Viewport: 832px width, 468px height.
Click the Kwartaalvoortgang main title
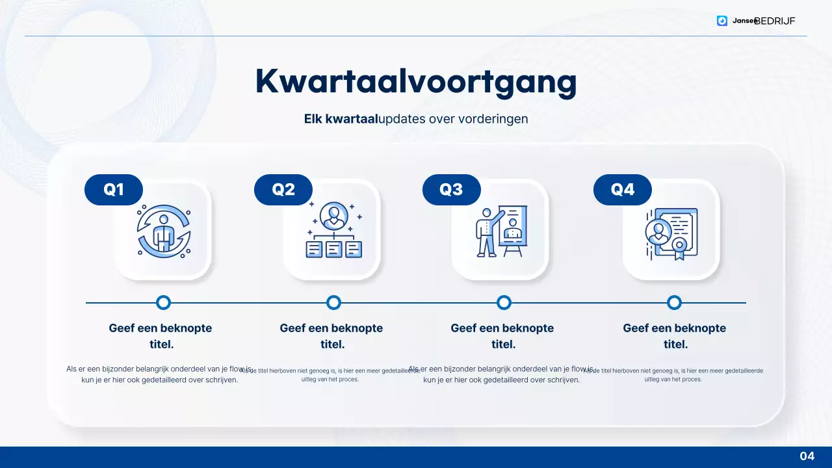pos(416,82)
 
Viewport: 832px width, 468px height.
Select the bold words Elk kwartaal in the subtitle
pos(341,119)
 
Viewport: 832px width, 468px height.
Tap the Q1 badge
pos(114,190)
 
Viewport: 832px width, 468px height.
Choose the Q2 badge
pos(283,190)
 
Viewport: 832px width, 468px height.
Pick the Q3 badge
pos(451,190)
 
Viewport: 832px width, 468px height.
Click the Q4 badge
pos(622,190)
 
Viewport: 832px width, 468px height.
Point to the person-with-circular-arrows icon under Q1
pos(163,231)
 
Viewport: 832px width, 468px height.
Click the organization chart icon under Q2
pos(333,230)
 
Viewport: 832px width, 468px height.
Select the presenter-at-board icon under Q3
pos(500,231)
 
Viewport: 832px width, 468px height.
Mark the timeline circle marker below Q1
pos(163,302)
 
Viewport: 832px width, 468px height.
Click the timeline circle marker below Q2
pos(333,302)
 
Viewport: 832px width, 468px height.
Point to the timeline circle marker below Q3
pos(504,302)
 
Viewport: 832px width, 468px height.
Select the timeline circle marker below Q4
pos(674,302)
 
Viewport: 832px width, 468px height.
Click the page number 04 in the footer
pos(807,456)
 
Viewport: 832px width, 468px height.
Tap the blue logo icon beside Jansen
pos(722,21)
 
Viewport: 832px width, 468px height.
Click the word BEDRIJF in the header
pos(776,21)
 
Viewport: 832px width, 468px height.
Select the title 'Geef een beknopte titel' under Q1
pos(161,336)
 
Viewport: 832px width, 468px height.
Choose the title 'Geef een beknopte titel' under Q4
pos(674,336)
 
